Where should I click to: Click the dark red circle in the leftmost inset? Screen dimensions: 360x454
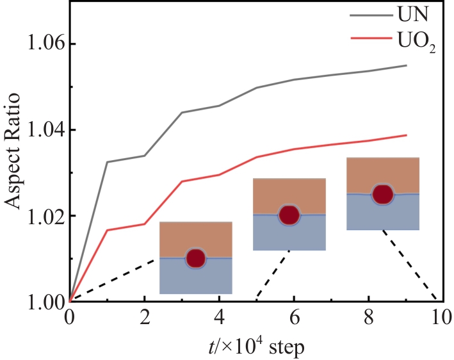click(x=195, y=258)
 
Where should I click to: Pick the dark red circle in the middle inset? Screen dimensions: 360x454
click(x=289, y=215)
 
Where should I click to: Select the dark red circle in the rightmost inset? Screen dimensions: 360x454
click(x=383, y=193)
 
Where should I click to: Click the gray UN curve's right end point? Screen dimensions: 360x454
click(x=406, y=65)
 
